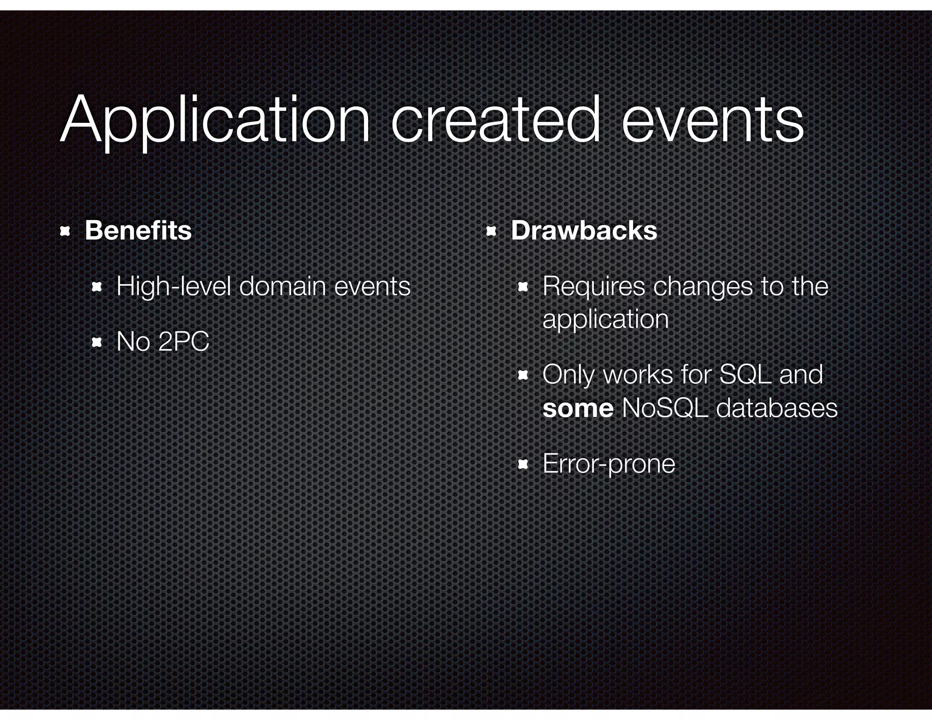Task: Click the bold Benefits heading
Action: [x=138, y=230]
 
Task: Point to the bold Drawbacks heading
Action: [x=584, y=230]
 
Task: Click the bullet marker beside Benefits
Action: [x=65, y=232]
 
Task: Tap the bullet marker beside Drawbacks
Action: [x=491, y=232]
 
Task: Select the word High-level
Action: [x=173, y=287]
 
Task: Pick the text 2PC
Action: [x=184, y=342]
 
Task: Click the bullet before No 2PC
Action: [x=96, y=342]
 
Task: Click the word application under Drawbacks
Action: [x=605, y=319]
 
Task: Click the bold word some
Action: [x=578, y=408]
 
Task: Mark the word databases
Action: [x=776, y=408]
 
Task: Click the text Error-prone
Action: [x=608, y=464]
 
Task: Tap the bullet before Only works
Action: [x=522, y=375]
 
